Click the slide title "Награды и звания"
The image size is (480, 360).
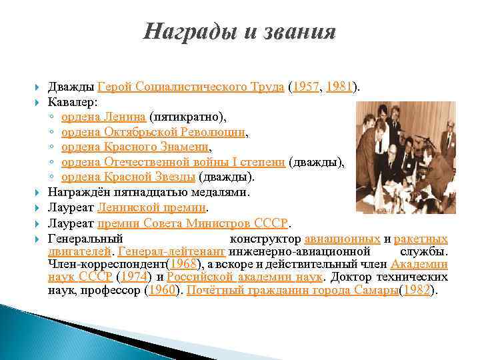click(x=240, y=31)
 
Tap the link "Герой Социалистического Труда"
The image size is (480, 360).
click(x=191, y=87)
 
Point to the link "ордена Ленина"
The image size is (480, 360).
click(x=104, y=117)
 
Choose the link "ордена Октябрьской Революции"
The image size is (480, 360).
click(x=153, y=133)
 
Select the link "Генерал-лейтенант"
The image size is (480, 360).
click(x=172, y=252)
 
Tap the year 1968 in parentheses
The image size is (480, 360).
click(x=183, y=265)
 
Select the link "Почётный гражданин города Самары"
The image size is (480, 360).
click(x=292, y=291)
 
